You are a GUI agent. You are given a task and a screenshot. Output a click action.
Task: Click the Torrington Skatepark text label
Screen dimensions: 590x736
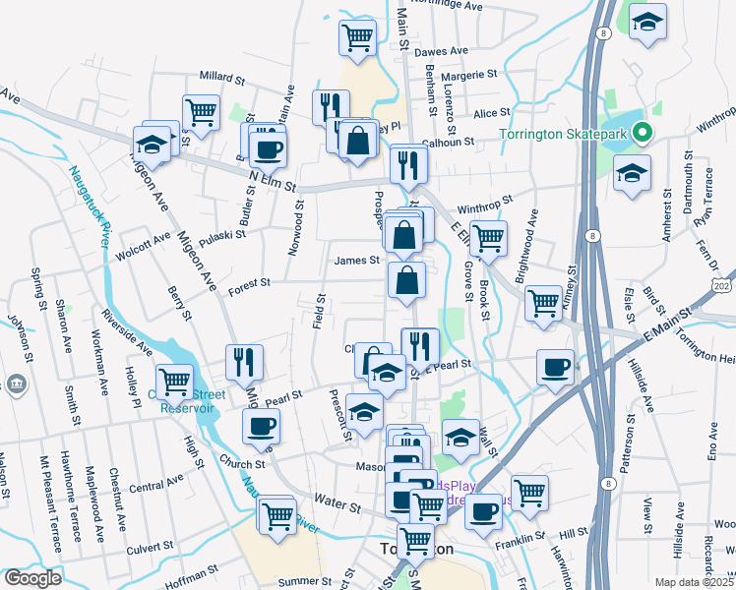point(563,135)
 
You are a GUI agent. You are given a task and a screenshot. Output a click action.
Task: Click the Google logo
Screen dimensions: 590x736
point(32,578)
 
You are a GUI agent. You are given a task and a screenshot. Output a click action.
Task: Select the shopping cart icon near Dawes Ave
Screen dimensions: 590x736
point(357,38)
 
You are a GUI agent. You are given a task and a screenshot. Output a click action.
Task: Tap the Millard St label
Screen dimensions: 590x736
point(220,77)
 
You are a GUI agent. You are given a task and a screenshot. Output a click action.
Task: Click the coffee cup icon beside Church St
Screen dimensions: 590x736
point(262,426)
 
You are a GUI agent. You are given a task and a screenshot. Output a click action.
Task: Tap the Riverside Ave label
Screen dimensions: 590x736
point(125,333)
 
